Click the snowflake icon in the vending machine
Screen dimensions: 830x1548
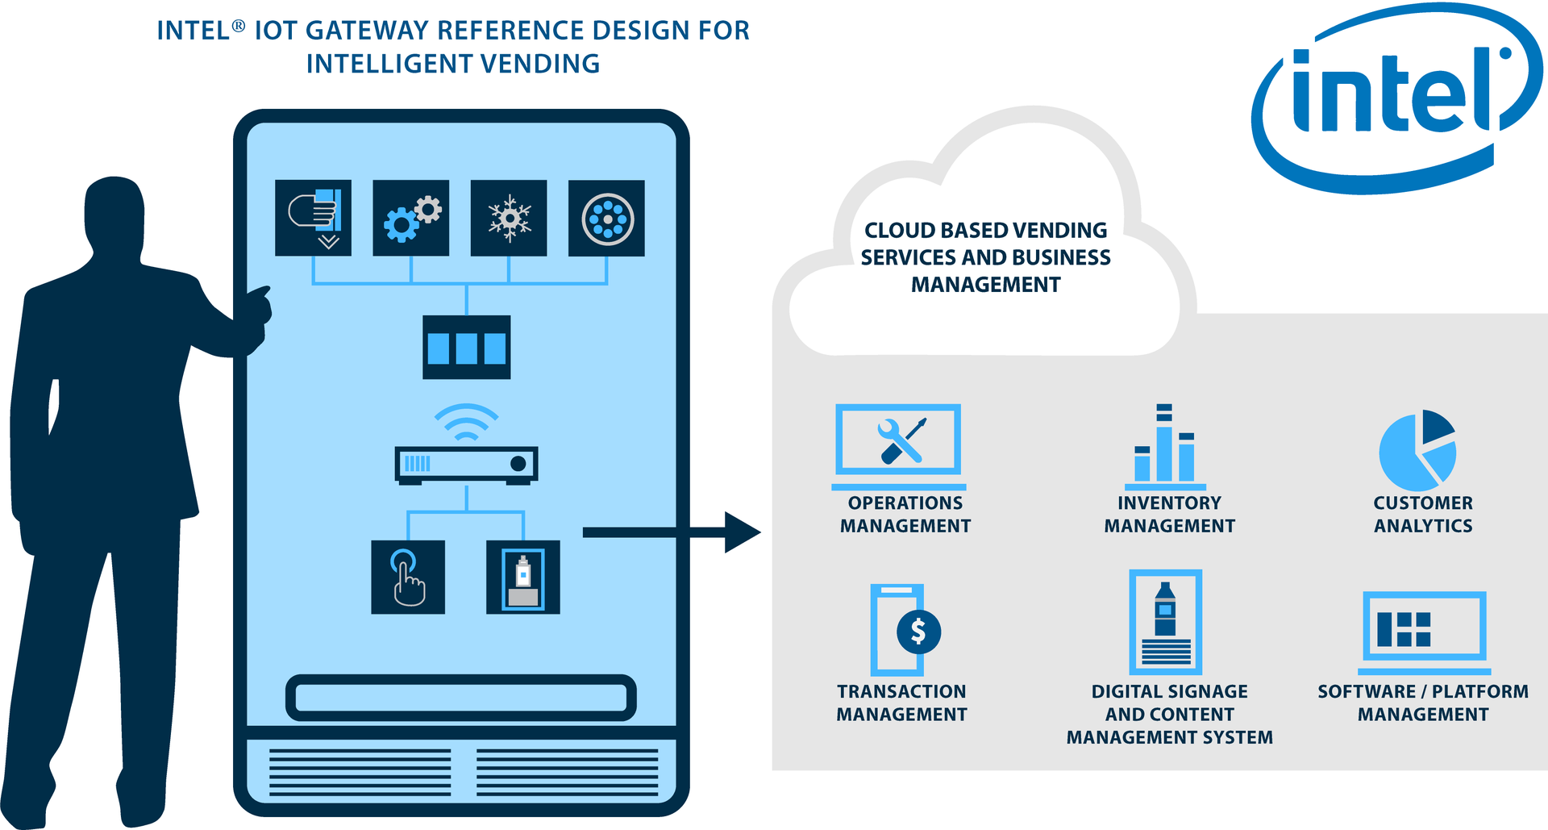509,218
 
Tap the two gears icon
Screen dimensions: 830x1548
411,218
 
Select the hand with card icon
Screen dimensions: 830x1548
314,218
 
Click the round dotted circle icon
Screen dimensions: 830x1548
606,218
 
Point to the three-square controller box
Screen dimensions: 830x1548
467,348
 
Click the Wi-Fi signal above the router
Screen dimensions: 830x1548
466,422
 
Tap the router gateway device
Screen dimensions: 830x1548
466,465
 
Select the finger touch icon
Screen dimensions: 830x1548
408,577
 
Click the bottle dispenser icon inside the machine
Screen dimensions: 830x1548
523,577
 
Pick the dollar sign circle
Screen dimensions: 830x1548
918,631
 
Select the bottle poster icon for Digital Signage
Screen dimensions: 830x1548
1166,621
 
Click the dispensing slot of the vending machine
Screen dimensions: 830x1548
461,698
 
